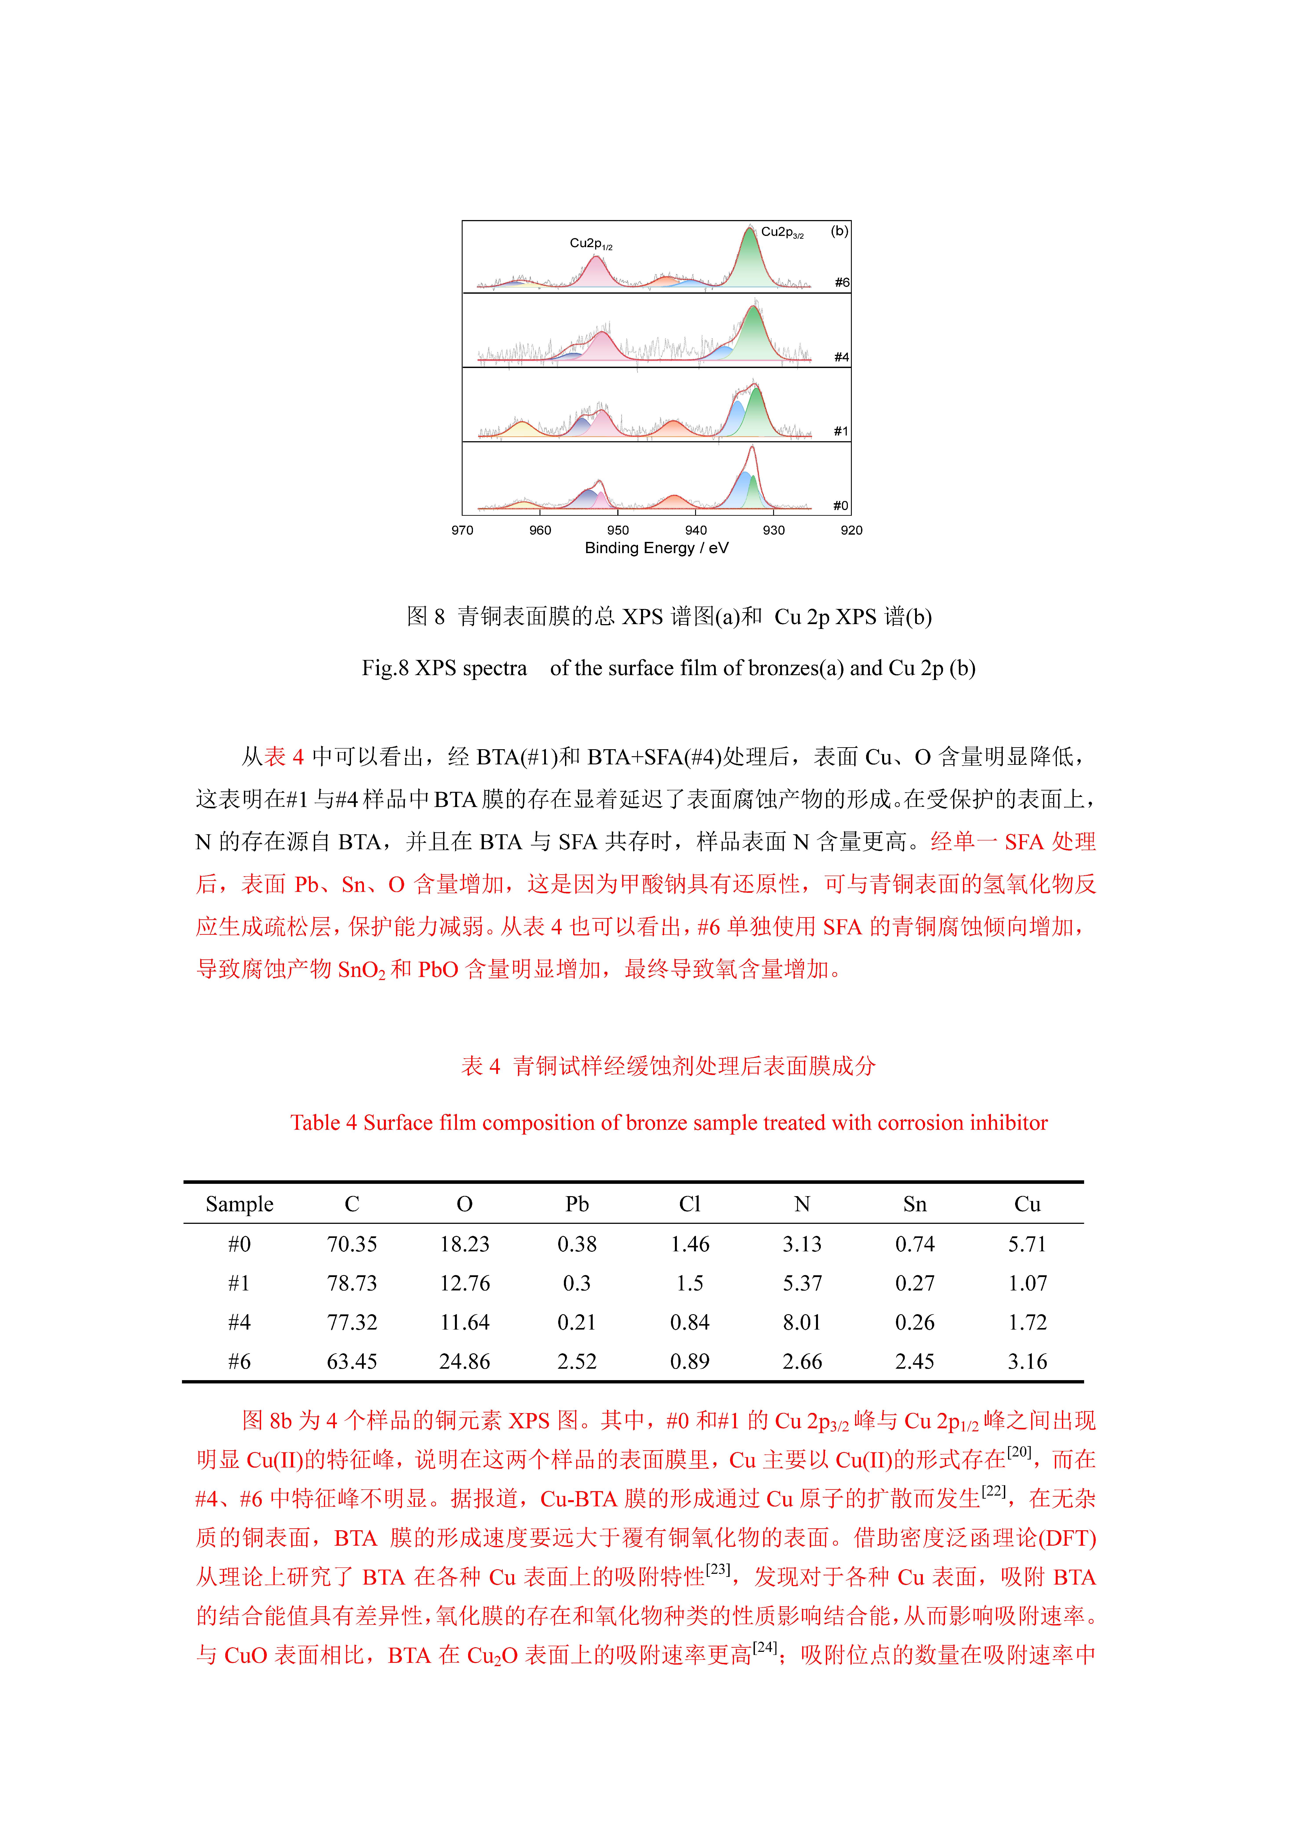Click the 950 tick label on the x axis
618,530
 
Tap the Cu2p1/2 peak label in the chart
591,244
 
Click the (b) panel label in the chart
840,231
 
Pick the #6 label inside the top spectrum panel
842,283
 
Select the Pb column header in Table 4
577,1204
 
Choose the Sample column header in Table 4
239,1204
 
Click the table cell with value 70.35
352,1244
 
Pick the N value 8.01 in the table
802,1322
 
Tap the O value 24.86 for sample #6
464,1361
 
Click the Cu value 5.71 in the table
1027,1244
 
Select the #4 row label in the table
239,1322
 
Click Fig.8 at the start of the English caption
385,668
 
